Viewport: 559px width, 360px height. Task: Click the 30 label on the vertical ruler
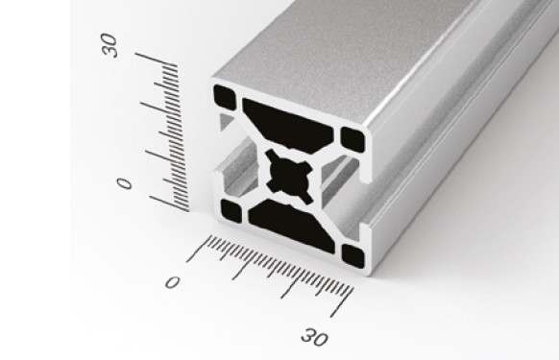tap(109, 45)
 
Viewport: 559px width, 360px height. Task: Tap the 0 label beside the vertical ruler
tap(125, 183)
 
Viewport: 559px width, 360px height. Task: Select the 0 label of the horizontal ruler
tap(172, 282)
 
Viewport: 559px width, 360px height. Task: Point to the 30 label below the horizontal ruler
tap(314, 337)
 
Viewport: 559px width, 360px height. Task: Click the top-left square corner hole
tap(225, 98)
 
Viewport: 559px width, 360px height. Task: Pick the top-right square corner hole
tap(352, 139)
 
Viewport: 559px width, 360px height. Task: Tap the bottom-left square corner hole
tap(231, 211)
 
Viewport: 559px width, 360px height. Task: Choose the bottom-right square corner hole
tap(352, 255)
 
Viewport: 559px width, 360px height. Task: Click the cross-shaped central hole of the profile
tap(290, 176)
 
